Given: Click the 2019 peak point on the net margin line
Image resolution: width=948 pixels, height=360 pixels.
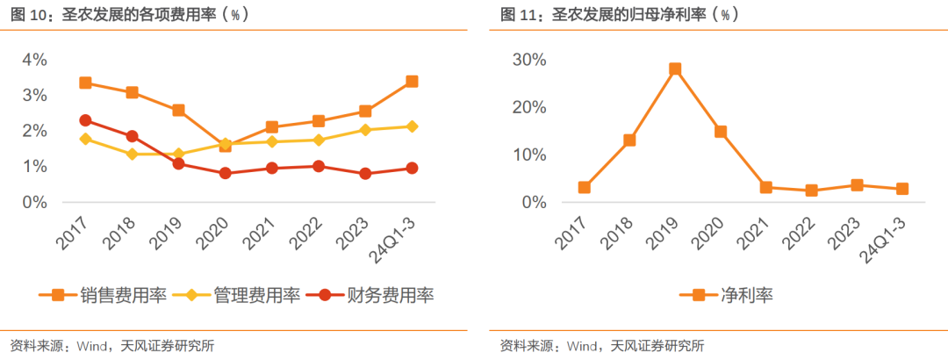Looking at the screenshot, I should (675, 69).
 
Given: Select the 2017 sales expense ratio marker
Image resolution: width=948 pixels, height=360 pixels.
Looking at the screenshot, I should (85, 83).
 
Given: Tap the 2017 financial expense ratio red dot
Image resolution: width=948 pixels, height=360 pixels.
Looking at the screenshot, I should (85, 120).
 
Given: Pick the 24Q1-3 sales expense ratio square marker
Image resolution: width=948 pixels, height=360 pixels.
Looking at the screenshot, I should (412, 82).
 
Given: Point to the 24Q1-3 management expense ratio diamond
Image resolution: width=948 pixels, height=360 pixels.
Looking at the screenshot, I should (412, 126).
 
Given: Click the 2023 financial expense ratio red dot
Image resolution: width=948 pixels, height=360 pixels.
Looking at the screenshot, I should (365, 174).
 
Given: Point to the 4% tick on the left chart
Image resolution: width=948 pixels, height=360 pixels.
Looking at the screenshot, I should (34, 60).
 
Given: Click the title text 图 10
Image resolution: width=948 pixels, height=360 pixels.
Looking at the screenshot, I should (26, 15).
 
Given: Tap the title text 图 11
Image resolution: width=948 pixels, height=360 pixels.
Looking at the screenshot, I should (517, 15).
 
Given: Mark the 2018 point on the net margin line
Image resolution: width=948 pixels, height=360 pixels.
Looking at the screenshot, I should (628, 140).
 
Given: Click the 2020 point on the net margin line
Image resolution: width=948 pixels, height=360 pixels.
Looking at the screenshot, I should (721, 132).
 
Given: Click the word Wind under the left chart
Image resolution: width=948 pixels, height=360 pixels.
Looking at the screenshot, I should (93, 345).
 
